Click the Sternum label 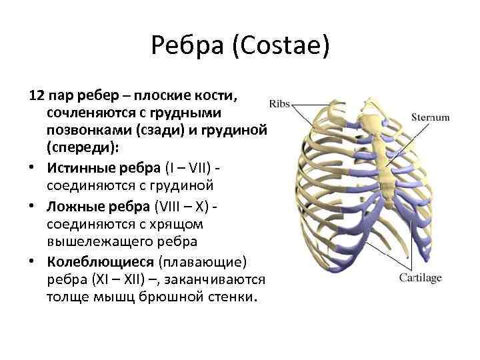(x=430, y=117)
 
